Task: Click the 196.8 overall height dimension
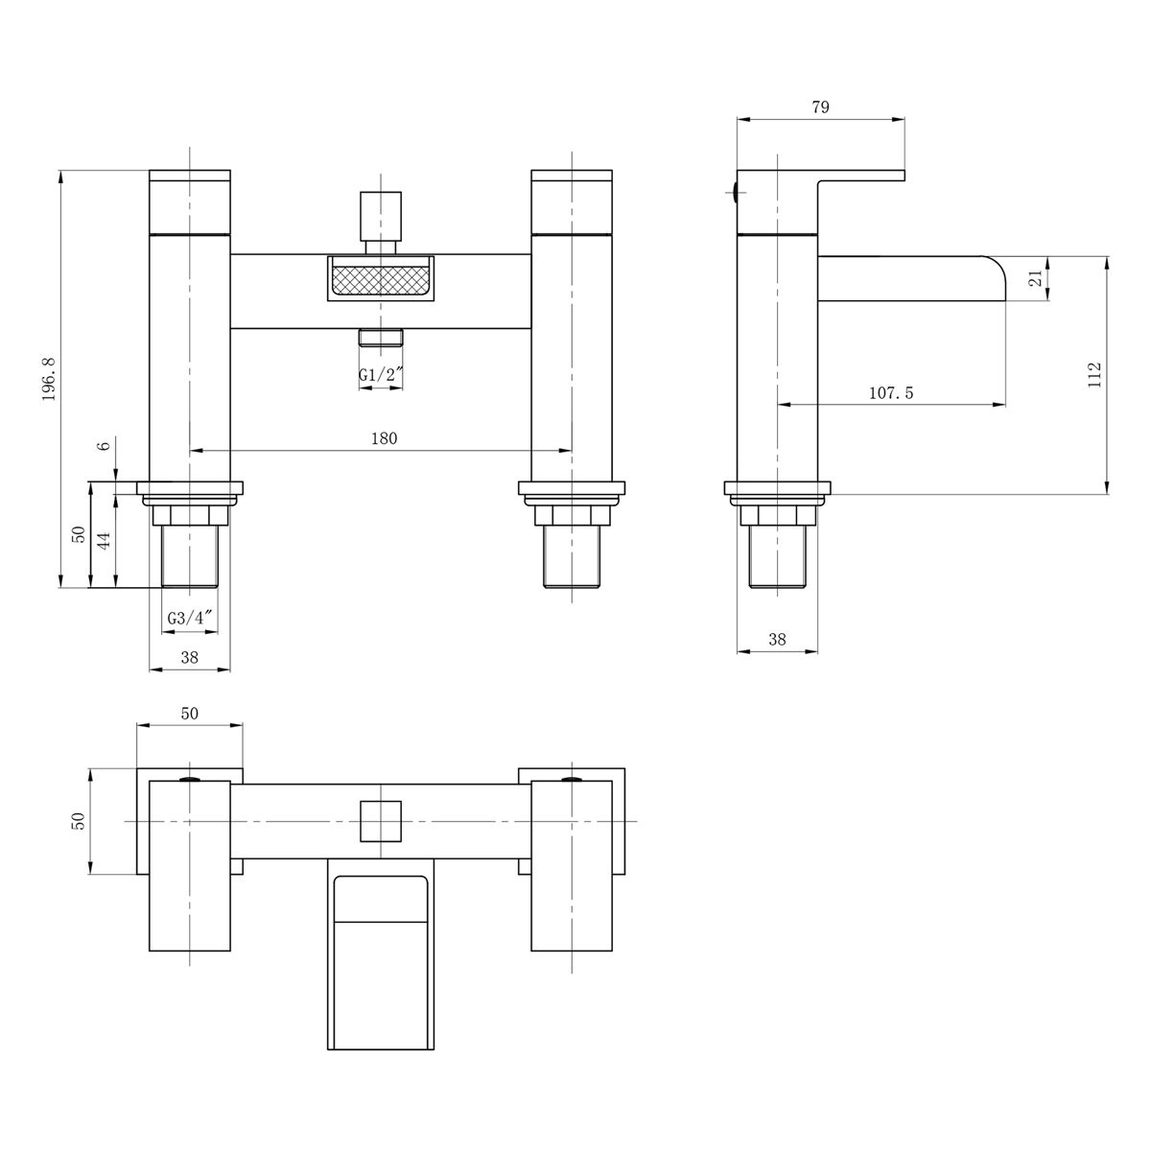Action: [x=49, y=379]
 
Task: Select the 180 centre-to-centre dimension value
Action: [x=384, y=438]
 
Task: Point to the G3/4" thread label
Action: [x=189, y=619]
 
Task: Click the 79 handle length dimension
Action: [x=820, y=107]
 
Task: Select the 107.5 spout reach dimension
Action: [x=891, y=393]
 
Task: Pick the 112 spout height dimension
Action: [x=1094, y=374]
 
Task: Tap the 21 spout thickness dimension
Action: [x=1035, y=279]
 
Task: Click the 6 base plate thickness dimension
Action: [x=105, y=444]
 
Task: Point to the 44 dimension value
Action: [x=105, y=535]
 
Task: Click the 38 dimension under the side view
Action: [x=777, y=640]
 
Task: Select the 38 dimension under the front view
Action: [x=190, y=657]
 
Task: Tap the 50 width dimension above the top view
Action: [x=190, y=713]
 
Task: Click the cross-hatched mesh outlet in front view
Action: [x=381, y=280]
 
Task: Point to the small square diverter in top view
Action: [x=381, y=821]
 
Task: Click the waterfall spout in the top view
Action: [x=381, y=959]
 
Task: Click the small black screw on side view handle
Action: [x=735, y=192]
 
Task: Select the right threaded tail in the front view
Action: [x=572, y=556]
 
